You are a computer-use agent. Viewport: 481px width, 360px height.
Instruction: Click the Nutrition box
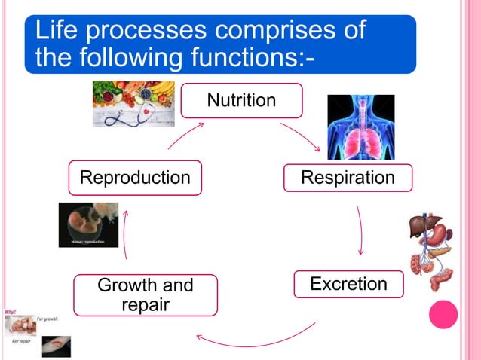pos(242,100)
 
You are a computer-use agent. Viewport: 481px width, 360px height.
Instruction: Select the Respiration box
pos(348,178)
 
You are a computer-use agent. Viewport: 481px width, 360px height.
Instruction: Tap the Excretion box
pos(348,284)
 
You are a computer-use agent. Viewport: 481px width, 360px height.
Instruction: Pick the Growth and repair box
pos(146,294)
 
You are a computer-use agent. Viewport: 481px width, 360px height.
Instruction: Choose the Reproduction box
pos(135,178)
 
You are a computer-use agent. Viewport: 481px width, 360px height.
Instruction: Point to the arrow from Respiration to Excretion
pos(361,230)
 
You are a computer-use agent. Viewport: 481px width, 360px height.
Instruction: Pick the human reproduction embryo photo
pos(88,224)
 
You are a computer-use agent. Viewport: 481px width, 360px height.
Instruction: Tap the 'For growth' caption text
pos(47,319)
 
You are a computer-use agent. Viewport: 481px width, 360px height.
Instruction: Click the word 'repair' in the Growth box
pos(146,304)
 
